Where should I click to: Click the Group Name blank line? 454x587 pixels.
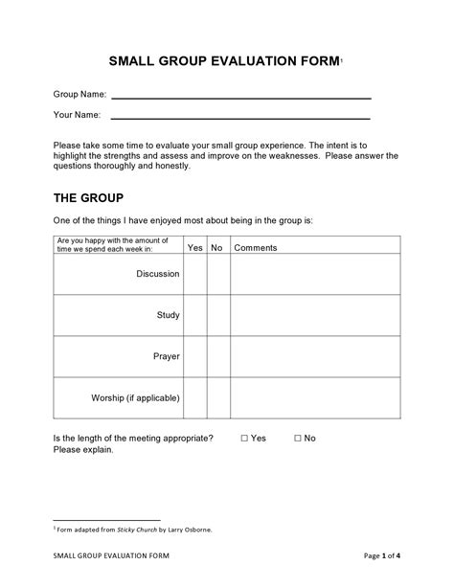coord(241,98)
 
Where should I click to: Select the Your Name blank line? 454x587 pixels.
coord(241,117)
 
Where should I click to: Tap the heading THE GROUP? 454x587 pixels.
coord(88,198)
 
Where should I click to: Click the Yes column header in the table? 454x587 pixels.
coord(194,247)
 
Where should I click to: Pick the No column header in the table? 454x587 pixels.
coord(217,247)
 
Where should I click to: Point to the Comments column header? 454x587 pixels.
coord(256,247)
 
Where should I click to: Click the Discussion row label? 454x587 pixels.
coord(158,274)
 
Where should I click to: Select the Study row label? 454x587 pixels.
coord(168,315)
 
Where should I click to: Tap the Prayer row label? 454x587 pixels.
coord(167,356)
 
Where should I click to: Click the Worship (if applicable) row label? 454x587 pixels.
coord(135,397)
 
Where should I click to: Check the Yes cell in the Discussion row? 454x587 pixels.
coord(194,274)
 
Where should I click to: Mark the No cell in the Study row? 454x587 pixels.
coord(217,315)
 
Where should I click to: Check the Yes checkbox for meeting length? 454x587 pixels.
coord(244,438)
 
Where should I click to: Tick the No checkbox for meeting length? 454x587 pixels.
coord(297,438)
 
